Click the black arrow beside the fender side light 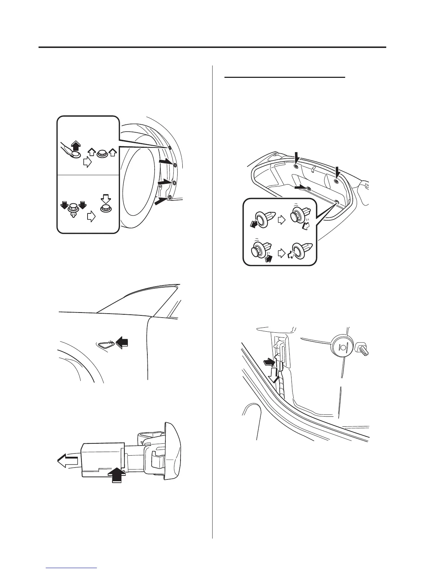pos(122,341)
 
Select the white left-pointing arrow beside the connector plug pos(67,460)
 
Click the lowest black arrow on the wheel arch pos(161,200)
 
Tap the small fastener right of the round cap pos(362,349)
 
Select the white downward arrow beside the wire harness pos(274,374)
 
